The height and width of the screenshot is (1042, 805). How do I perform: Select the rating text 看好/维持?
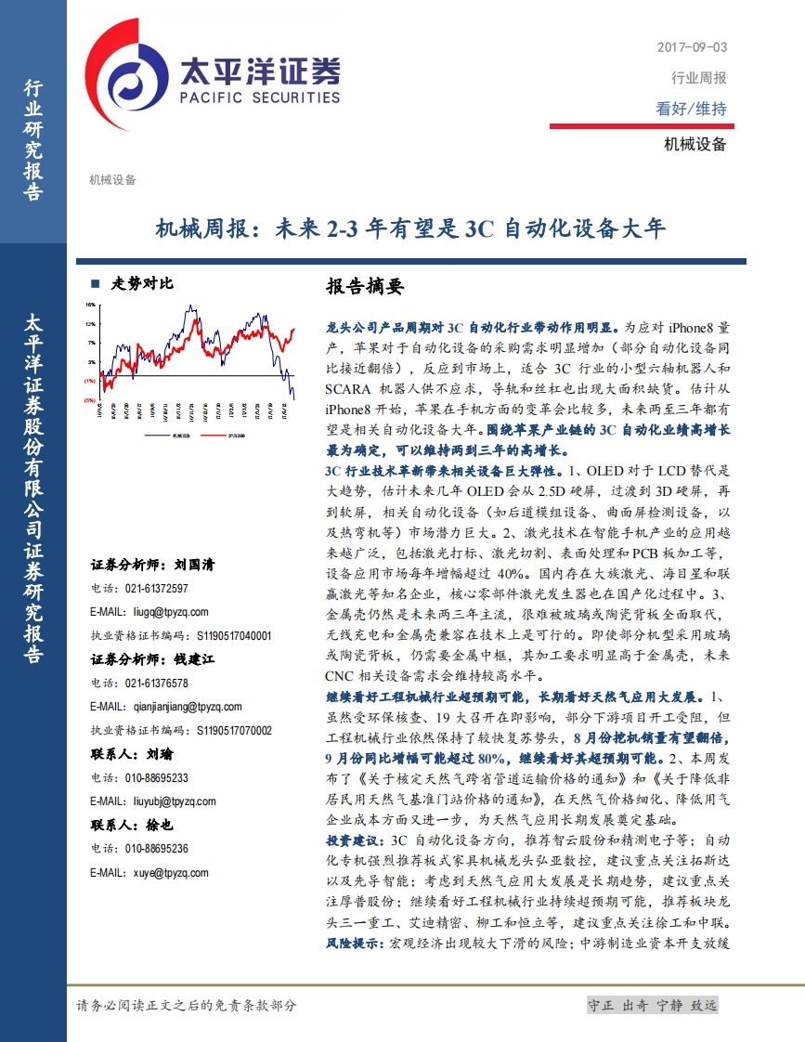pyautogui.click(x=691, y=109)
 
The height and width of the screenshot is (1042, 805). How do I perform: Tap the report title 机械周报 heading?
pyautogui.click(x=409, y=228)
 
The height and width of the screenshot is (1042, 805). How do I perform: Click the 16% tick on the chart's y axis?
pyautogui.click(x=91, y=304)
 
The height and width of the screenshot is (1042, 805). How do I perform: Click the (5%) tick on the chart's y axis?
pyautogui.click(x=89, y=399)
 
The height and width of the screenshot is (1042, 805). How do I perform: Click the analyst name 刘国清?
pyautogui.click(x=194, y=564)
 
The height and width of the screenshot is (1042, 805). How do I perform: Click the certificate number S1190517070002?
pyautogui.click(x=234, y=731)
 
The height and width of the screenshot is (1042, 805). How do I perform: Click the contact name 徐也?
pyautogui.click(x=161, y=825)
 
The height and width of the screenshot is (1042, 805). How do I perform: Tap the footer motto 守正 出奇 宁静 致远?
pyautogui.click(x=652, y=1006)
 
